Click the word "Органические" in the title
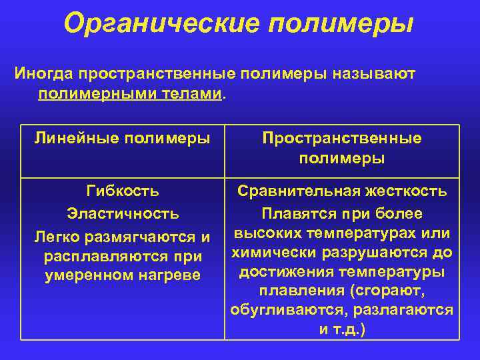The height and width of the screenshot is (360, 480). coord(160,23)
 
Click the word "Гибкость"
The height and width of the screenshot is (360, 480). coord(123,191)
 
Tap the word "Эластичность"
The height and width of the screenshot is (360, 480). coord(123,214)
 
